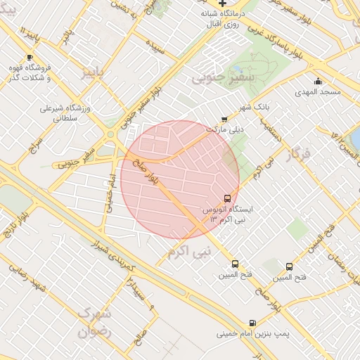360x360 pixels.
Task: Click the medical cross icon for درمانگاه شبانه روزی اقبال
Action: click(x=223, y=4)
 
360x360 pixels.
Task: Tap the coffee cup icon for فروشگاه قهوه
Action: click(x=29, y=58)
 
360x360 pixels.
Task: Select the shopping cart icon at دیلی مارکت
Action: click(x=224, y=120)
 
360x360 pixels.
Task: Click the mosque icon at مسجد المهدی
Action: click(x=318, y=81)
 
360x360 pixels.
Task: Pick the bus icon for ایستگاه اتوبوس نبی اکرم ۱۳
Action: click(x=226, y=198)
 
